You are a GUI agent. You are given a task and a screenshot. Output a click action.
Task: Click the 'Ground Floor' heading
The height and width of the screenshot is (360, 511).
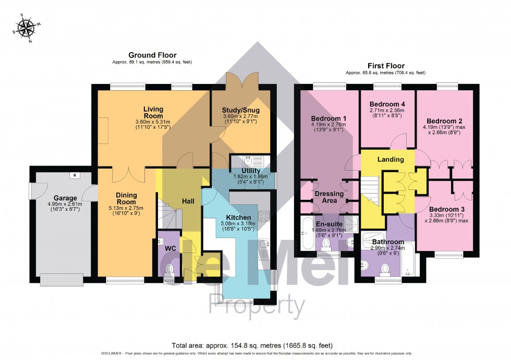click(x=152, y=55)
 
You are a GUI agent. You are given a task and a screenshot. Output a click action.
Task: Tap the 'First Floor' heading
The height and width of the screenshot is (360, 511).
click(x=385, y=66)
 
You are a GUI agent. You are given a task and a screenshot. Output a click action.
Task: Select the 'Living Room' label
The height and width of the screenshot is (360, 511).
click(x=153, y=112)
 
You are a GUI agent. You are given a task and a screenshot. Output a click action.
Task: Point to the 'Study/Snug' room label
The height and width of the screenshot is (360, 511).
click(x=241, y=111)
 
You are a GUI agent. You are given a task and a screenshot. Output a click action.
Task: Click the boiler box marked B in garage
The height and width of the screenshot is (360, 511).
click(x=75, y=175)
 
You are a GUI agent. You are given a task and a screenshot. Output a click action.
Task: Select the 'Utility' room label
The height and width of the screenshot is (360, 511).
click(x=250, y=170)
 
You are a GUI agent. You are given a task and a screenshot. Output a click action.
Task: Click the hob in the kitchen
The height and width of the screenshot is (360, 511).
click(x=264, y=216)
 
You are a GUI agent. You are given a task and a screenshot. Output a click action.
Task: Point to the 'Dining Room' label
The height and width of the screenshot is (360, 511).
click(x=126, y=198)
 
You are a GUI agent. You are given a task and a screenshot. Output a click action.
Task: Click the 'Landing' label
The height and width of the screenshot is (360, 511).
click(x=391, y=159)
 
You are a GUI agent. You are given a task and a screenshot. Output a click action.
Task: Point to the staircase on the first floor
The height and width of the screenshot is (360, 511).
click(x=371, y=190)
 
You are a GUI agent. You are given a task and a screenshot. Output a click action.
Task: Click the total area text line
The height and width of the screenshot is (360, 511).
click(x=255, y=345)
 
